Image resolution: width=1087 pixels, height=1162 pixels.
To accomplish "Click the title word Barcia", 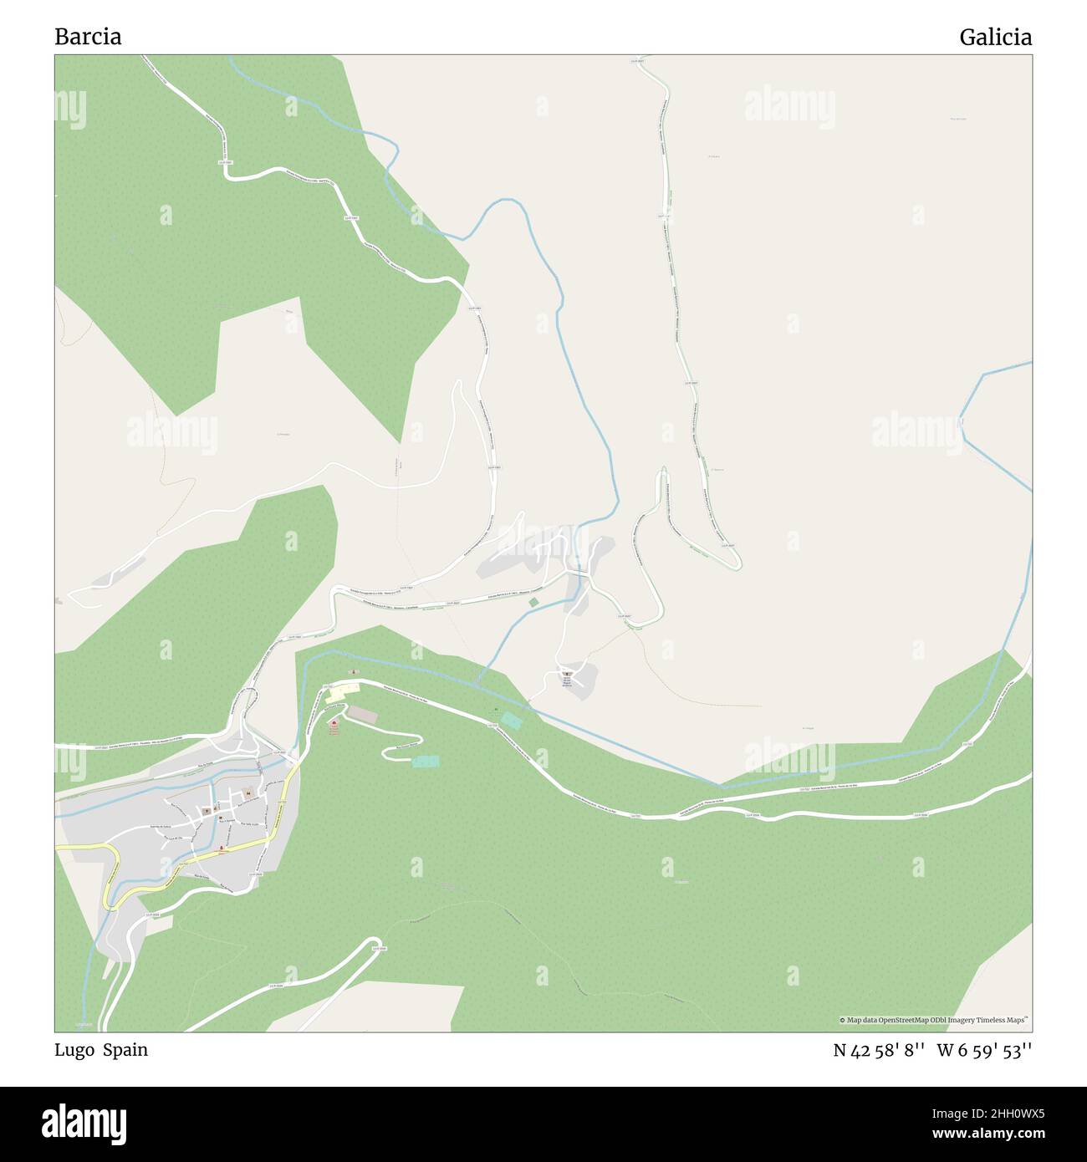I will point(88,37).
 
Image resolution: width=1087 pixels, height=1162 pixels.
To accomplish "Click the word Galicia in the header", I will point(995,37).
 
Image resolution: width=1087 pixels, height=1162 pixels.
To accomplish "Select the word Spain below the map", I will point(125,1050).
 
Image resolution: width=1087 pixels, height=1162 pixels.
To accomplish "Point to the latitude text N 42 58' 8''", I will point(878,1050).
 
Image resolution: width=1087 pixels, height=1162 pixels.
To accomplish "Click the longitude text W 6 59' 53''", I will point(984,1050).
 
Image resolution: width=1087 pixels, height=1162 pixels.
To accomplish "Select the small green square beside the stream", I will point(533,601).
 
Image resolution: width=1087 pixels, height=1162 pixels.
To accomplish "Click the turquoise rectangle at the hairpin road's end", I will point(425,762).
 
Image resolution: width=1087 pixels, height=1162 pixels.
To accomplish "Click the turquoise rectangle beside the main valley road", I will point(509,720).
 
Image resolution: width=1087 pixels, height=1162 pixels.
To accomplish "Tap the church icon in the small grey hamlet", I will point(568,674).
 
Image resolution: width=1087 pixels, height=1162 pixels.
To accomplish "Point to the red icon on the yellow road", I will point(222,849).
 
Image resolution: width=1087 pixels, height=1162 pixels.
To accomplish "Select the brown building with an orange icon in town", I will point(248,793).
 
